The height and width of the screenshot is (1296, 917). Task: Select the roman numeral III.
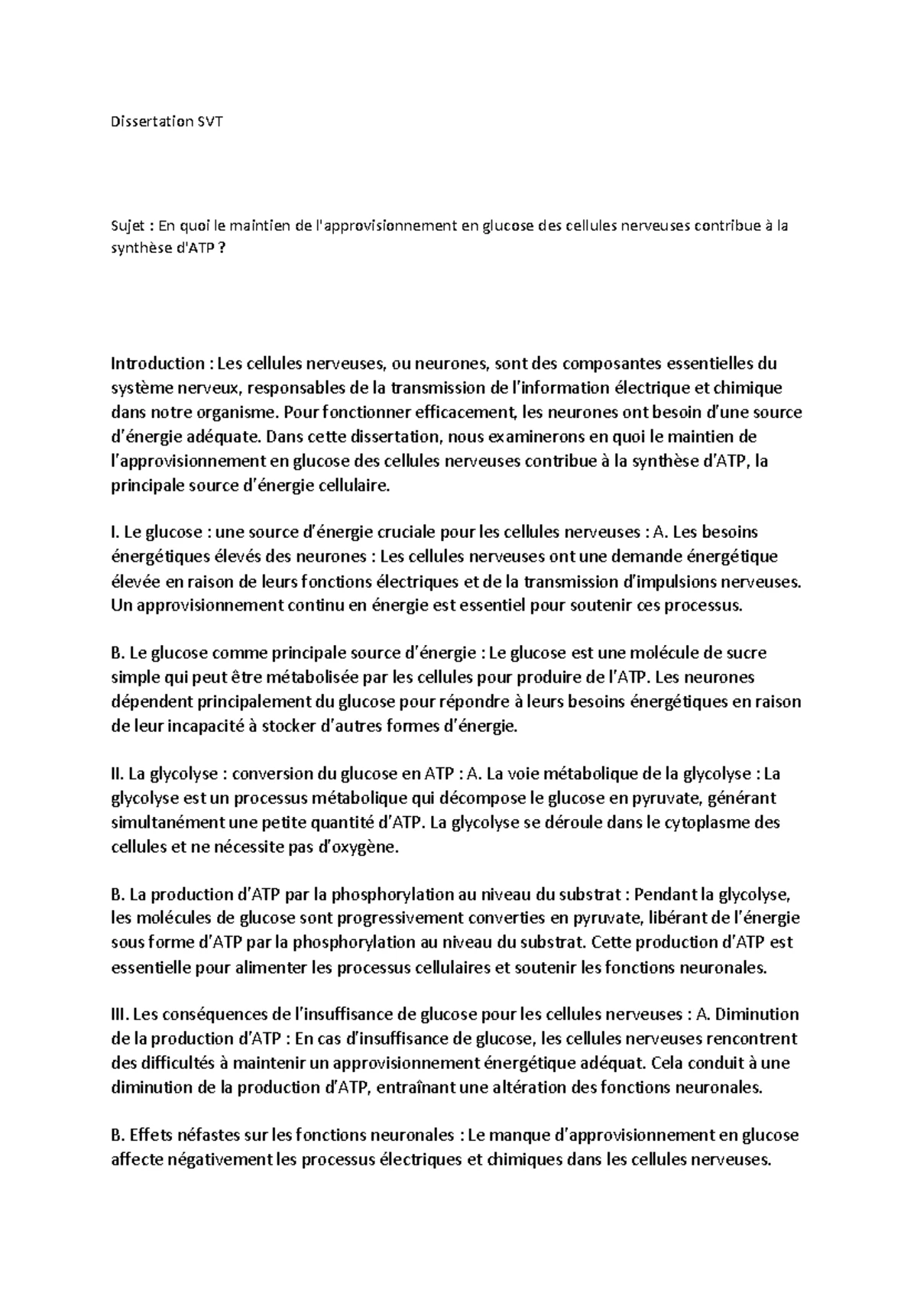click(120, 1015)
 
